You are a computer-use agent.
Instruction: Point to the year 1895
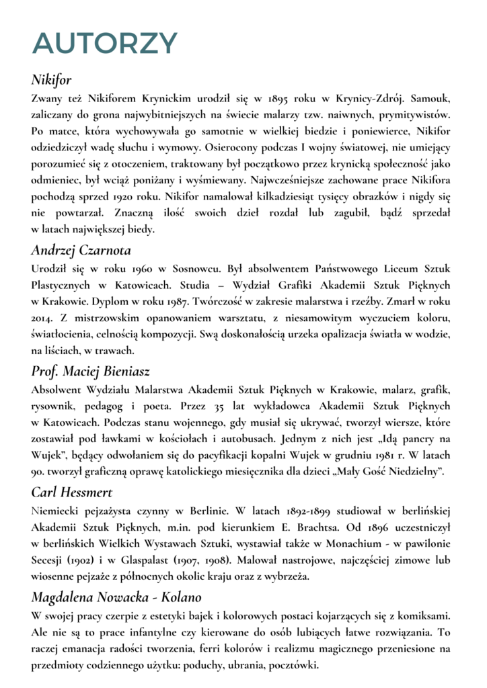[275, 98]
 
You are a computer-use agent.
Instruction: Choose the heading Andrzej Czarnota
[81, 251]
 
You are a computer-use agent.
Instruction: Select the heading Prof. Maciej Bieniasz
[90, 371]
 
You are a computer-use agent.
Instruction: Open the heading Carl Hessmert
[70, 492]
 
